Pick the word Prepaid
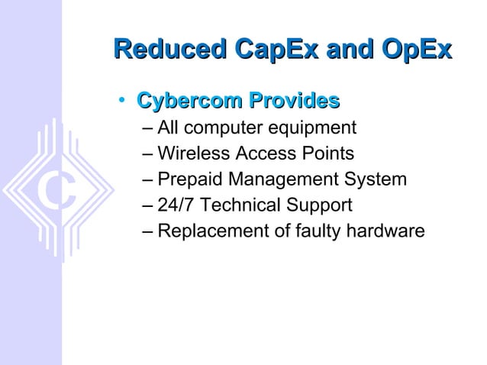(188, 180)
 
